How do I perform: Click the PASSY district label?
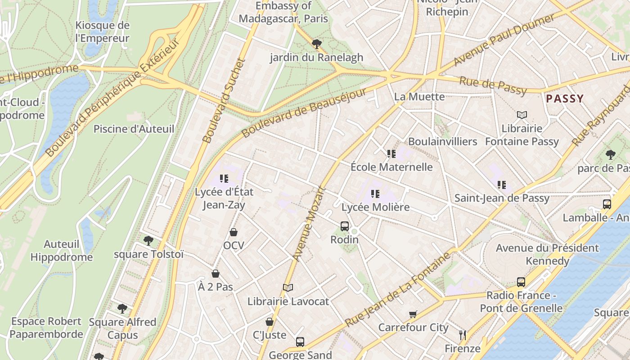point(564,99)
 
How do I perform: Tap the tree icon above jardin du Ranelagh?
point(317,44)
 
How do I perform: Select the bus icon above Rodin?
point(345,226)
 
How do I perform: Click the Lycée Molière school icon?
point(375,194)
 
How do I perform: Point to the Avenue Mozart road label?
point(309,223)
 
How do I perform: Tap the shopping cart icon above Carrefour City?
point(413,314)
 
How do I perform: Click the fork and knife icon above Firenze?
point(462,335)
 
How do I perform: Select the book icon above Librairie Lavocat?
point(288,288)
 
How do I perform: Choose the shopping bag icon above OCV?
point(234,232)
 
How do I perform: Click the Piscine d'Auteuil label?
point(134,129)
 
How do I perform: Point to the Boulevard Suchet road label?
point(224,101)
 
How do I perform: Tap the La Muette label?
point(419,97)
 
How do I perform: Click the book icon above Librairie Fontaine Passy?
point(522,115)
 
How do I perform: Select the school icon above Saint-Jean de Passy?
point(502,184)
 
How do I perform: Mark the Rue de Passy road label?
point(493,85)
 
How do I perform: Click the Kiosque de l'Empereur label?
point(103,31)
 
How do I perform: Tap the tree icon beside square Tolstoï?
point(148,241)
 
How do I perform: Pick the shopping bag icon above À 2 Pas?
point(216,274)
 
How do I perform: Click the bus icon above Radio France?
point(521,282)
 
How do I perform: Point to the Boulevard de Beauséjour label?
point(304,113)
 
